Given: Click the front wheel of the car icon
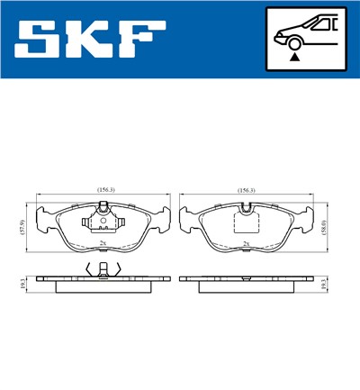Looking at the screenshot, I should coord(293,41).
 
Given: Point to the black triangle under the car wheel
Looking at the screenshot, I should coord(293,56).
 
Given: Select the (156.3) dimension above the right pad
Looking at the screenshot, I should coord(246,190).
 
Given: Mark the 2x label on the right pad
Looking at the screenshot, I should coord(245,243).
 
